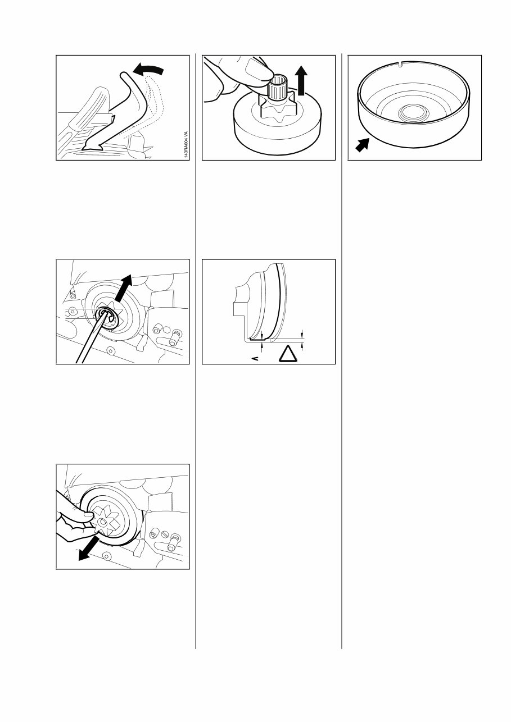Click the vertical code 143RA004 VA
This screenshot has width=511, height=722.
(185, 146)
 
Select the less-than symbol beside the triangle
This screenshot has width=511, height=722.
(254, 357)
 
